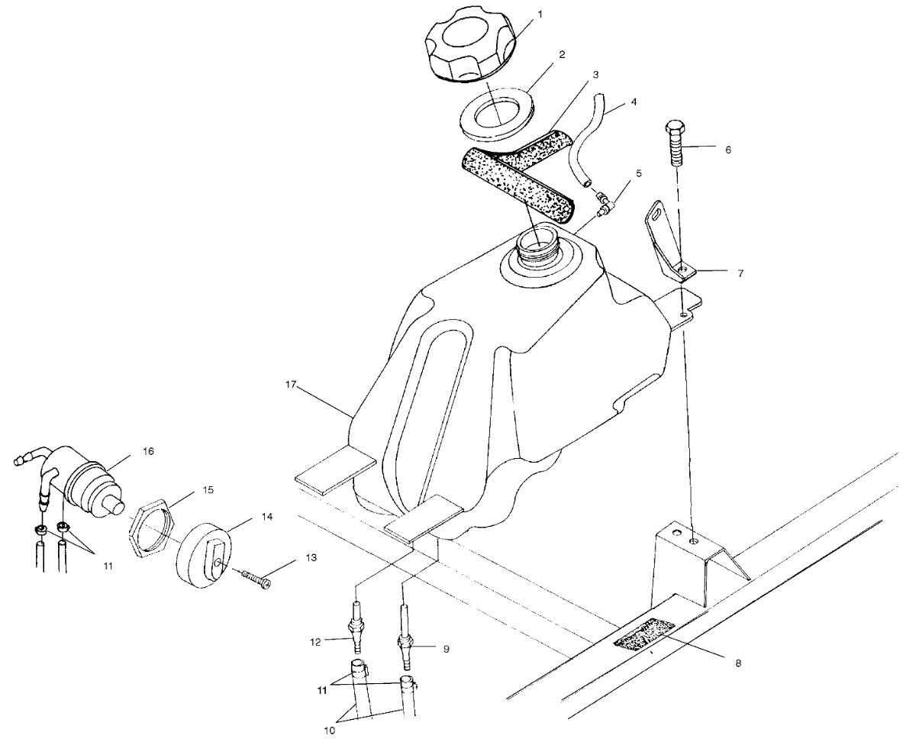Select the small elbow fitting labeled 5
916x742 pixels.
[x=603, y=202]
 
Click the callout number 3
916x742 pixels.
[x=595, y=75]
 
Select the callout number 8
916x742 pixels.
[x=738, y=663]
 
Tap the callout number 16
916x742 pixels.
[x=147, y=451]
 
